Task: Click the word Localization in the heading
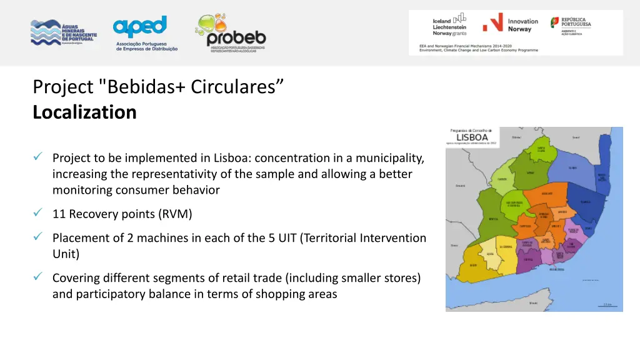click(x=84, y=112)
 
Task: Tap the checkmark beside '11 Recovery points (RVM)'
click(x=38, y=214)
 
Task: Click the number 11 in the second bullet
click(x=59, y=214)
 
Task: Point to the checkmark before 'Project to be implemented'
click(x=38, y=158)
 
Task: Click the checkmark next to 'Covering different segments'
click(x=38, y=277)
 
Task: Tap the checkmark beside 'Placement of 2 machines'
click(x=38, y=237)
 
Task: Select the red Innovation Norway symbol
click(x=492, y=24)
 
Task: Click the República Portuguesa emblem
click(x=555, y=22)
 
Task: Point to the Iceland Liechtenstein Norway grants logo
click(x=450, y=24)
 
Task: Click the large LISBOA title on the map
click(x=472, y=136)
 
